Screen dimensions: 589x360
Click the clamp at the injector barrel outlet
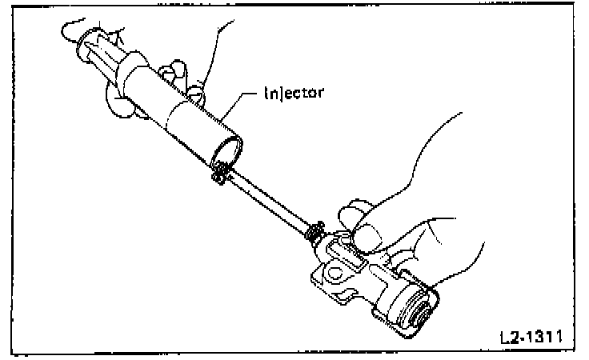click(x=222, y=170)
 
